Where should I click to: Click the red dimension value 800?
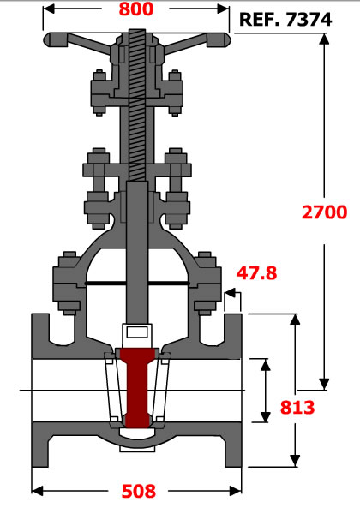click(x=135, y=9)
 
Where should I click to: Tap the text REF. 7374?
click(x=285, y=20)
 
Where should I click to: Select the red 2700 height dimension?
click(x=324, y=212)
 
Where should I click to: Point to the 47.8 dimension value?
click(x=257, y=273)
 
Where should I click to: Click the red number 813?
click(x=297, y=408)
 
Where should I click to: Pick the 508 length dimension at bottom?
click(x=139, y=491)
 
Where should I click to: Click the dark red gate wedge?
click(x=137, y=388)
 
